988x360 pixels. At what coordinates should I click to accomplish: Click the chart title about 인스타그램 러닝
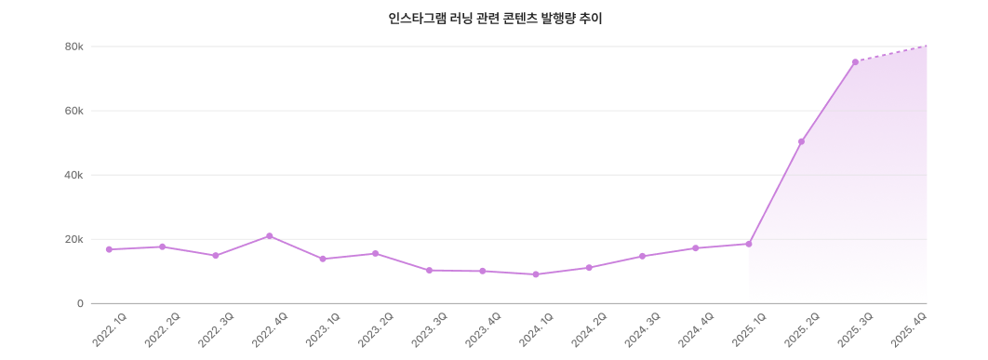click(x=495, y=19)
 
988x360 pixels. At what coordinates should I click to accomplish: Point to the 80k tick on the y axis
click(x=73, y=47)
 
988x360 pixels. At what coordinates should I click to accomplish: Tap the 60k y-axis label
click(x=73, y=111)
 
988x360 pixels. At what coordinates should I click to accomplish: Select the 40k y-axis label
click(x=73, y=175)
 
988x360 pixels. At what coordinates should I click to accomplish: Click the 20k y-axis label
click(x=73, y=239)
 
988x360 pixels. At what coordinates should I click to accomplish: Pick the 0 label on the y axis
click(x=80, y=303)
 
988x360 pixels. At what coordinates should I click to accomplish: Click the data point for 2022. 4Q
click(x=269, y=236)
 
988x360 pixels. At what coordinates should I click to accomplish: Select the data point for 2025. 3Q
click(x=855, y=62)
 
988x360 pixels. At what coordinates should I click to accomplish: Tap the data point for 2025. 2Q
click(x=801, y=141)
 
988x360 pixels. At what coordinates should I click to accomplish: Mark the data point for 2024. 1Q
click(x=535, y=274)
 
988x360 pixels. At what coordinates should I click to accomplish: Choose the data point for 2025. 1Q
click(x=748, y=244)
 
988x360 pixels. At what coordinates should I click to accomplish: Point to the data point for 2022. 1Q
click(x=109, y=249)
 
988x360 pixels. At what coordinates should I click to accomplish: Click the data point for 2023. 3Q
click(x=429, y=271)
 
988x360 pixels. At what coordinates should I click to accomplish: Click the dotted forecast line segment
click(x=891, y=54)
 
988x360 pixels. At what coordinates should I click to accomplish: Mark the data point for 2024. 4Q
click(x=695, y=248)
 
